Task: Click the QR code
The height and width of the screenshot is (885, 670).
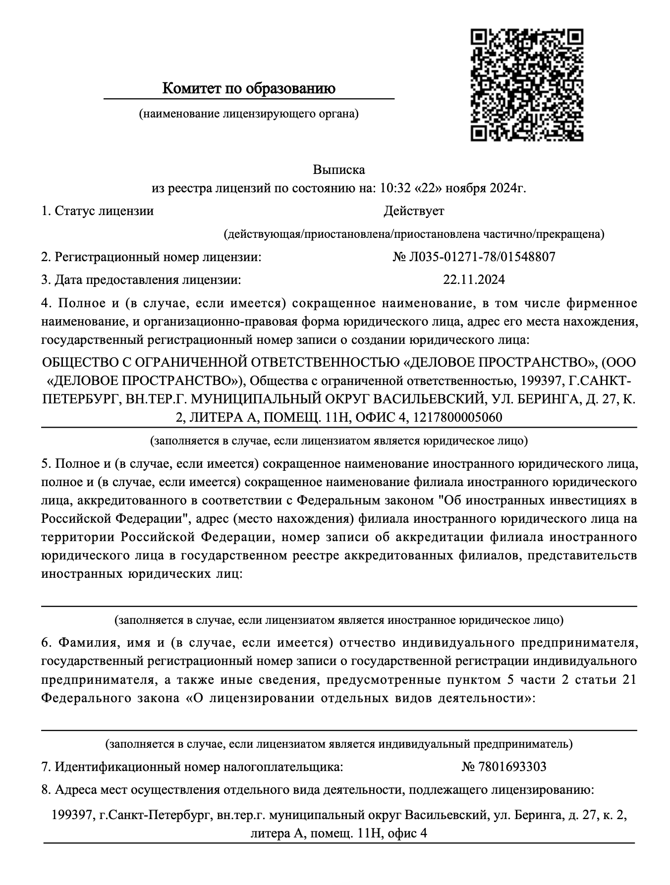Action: pyautogui.click(x=526, y=85)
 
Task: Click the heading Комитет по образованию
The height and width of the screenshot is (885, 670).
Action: pyautogui.click(x=249, y=89)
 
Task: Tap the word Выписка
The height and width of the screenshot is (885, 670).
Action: pyautogui.click(x=338, y=170)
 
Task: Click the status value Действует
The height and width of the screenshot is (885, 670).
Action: pyautogui.click(x=414, y=211)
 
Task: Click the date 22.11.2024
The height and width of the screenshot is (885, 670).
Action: pyautogui.click(x=474, y=280)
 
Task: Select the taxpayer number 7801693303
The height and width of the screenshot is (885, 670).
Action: pyautogui.click(x=512, y=767)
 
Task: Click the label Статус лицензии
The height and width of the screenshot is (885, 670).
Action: pyautogui.click(x=104, y=211)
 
